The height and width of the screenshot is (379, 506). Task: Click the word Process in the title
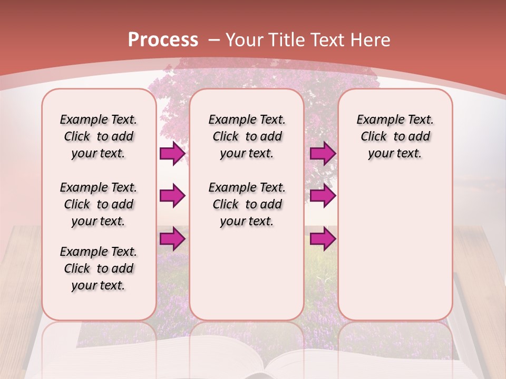(x=163, y=39)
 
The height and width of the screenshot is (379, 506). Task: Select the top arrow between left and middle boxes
(x=172, y=154)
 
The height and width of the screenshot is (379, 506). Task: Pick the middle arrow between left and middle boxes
(x=172, y=196)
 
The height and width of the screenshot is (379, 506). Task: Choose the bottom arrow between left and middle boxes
(x=172, y=239)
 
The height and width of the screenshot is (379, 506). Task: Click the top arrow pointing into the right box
(x=323, y=154)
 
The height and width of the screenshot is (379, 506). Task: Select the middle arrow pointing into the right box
(x=323, y=196)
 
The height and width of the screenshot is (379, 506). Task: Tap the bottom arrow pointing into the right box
(x=323, y=239)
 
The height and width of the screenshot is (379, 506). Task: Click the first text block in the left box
(x=99, y=136)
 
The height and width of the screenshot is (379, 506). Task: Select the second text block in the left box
(x=99, y=204)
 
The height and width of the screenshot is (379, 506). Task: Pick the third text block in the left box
(x=99, y=268)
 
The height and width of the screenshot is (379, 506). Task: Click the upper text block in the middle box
(x=247, y=136)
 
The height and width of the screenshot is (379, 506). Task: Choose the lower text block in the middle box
(x=247, y=204)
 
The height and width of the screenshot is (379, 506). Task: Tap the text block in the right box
(x=395, y=136)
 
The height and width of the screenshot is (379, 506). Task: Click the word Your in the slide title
(x=245, y=39)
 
